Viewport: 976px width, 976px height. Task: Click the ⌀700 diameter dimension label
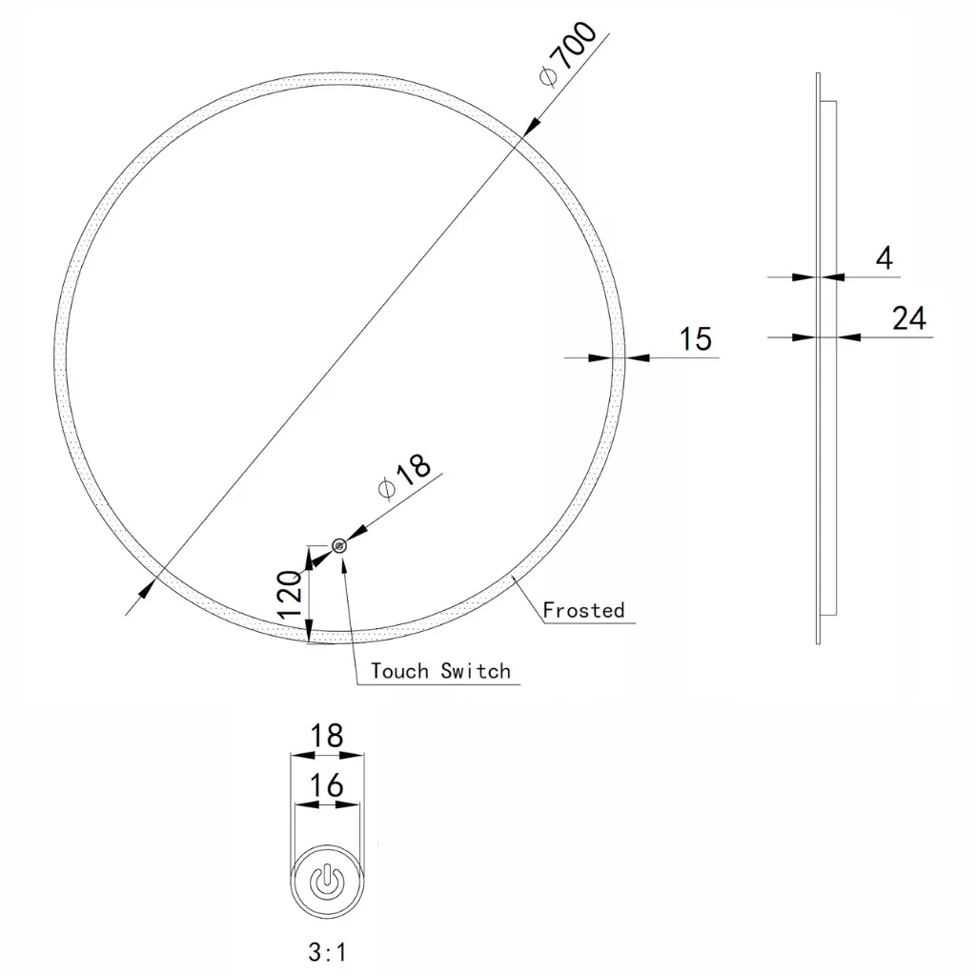(568, 53)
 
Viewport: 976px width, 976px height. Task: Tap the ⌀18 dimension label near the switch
(404, 477)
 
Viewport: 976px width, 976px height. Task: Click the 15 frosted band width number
(695, 339)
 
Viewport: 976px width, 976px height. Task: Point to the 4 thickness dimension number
(884, 257)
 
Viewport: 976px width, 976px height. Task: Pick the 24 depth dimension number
(908, 318)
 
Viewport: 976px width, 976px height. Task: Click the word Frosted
(583, 610)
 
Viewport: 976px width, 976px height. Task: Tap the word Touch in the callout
(399, 671)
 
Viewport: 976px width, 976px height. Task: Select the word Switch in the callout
(476, 671)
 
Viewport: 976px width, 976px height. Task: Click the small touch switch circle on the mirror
(339, 546)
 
